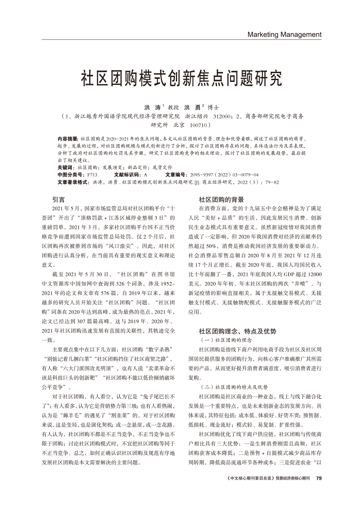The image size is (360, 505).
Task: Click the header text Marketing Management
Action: pos(284,34)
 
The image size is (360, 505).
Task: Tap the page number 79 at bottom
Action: pos(318,478)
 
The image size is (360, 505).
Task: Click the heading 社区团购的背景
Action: pos(221,199)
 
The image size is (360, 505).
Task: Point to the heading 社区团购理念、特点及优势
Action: pos(237,331)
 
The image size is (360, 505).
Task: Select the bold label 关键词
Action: pos(65,167)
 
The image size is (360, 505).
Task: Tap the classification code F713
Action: pos(92,175)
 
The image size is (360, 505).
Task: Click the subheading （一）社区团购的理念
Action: pos(226,340)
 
